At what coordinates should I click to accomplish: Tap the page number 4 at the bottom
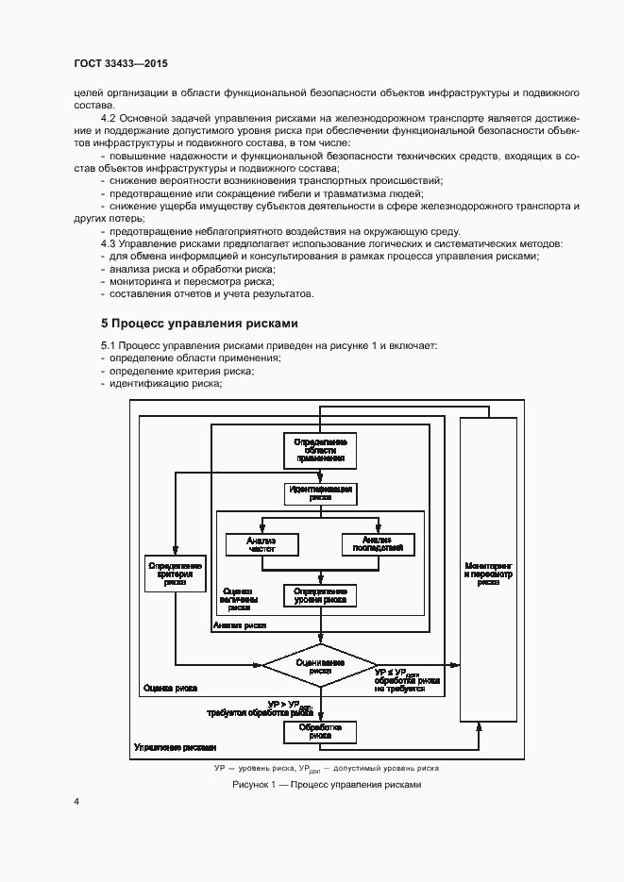(x=76, y=801)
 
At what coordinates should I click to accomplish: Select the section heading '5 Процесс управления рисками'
(x=199, y=322)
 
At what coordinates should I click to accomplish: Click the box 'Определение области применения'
(x=320, y=450)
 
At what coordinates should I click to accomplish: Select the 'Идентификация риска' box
(x=320, y=493)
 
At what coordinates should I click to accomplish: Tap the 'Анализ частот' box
(x=261, y=544)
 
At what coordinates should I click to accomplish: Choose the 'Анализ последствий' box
(x=379, y=544)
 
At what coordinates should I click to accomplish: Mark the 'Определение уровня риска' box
(x=320, y=595)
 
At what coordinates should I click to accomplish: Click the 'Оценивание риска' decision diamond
(x=320, y=665)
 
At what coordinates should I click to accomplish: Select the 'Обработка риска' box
(x=320, y=732)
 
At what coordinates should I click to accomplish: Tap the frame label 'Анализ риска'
(x=240, y=624)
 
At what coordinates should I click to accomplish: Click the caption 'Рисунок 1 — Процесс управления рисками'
(x=326, y=785)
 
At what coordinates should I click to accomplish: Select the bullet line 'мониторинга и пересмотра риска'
(x=191, y=280)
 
